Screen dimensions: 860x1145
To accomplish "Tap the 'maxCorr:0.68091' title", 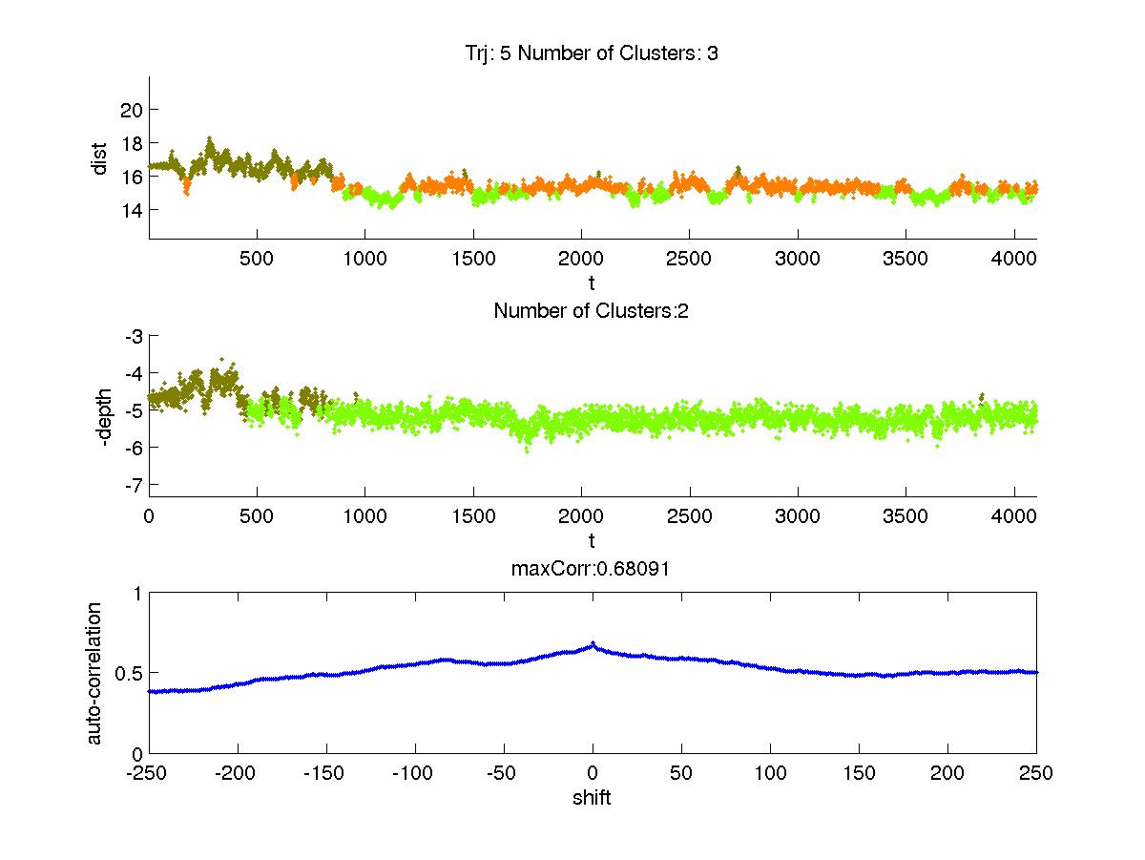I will [x=593, y=569].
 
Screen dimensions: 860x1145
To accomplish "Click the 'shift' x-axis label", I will [x=592, y=798].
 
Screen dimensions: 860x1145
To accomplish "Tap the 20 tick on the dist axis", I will [x=132, y=109].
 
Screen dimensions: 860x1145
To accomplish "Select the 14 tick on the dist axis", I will [x=132, y=209].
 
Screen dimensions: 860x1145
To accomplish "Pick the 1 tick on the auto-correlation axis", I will [x=137, y=593].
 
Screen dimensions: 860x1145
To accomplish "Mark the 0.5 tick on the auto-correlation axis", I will [x=130, y=673].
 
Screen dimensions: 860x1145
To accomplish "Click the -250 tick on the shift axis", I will [x=149, y=773].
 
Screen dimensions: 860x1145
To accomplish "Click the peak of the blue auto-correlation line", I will [x=593, y=643].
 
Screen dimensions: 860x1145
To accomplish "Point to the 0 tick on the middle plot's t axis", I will [x=149, y=515].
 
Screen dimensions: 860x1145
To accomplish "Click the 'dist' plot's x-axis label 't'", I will [x=593, y=283].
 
